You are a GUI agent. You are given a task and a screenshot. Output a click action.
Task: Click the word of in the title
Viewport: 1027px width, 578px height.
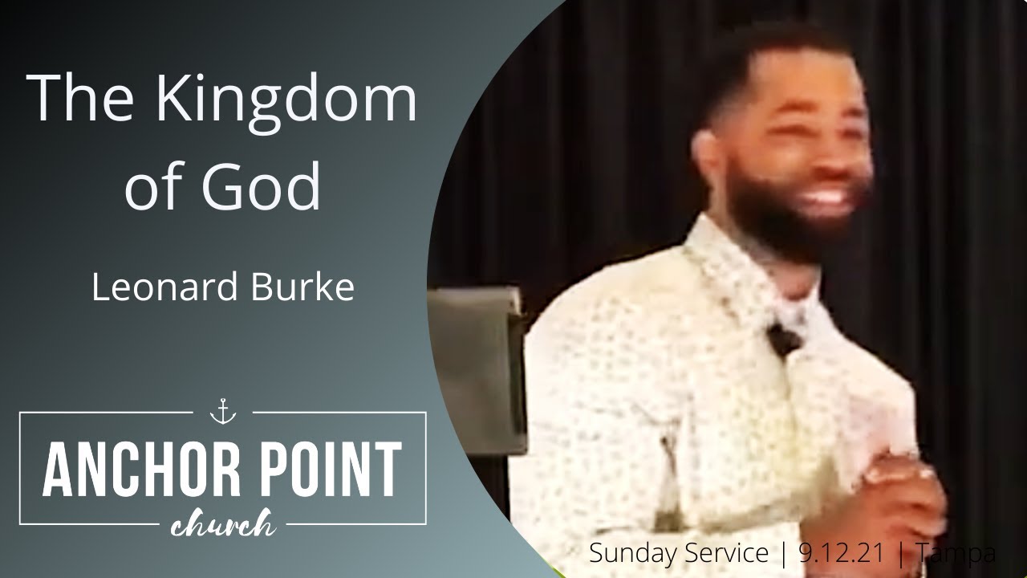coord(157,186)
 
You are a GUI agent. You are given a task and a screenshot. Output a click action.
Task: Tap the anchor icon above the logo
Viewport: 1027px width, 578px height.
coord(222,412)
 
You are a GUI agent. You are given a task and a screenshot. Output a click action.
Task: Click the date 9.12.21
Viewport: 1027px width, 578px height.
coord(842,553)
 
